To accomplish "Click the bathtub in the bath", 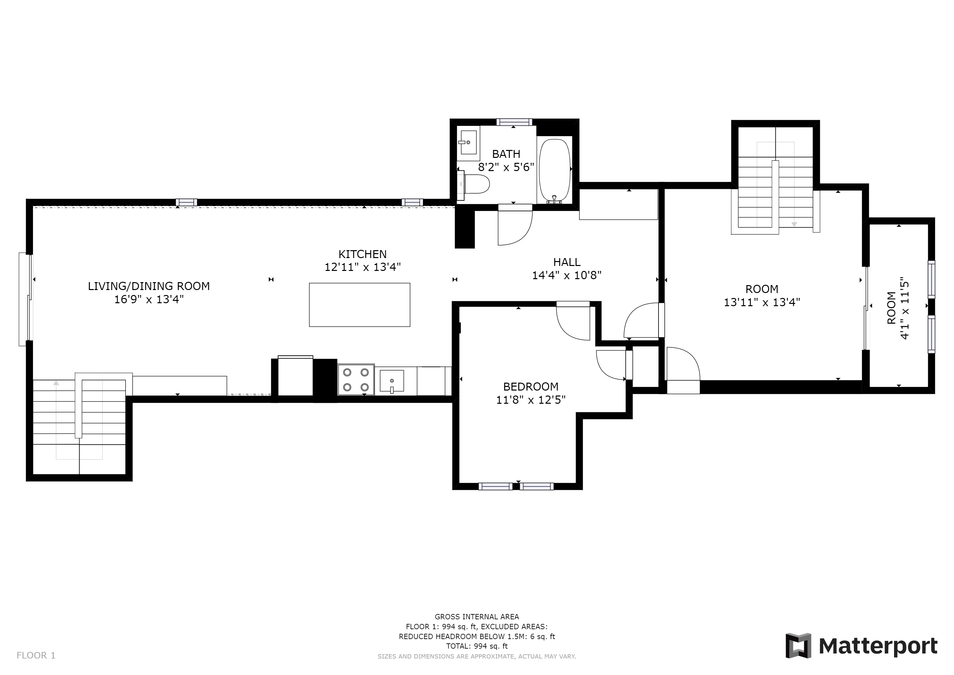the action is (x=555, y=171).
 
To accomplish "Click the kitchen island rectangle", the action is (x=359, y=305).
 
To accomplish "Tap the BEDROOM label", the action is (x=531, y=387).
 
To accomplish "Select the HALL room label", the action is (x=567, y=262).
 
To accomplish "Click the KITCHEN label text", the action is (x=362, y=254).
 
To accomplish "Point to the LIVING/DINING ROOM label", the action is (x=149, y=286).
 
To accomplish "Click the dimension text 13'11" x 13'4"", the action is (x=762, y=302).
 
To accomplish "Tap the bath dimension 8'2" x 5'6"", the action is (x=506, y=167).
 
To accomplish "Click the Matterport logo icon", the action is (x=798, y=645).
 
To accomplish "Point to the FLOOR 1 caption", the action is (x=36, y=656).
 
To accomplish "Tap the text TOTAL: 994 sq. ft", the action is (x=477, y=646).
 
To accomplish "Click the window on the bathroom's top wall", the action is (x=514, y=122).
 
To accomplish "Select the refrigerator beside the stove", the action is (x=295, y=376).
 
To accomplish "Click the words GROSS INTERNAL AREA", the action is (x=477, y=617).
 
